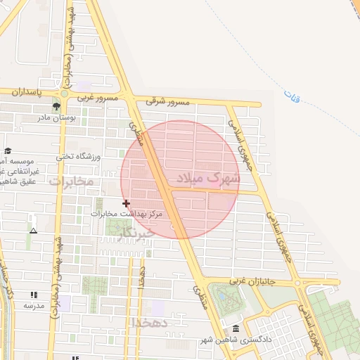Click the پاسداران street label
[27, 92]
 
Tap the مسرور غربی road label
[101, 97]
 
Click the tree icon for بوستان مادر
[56, 106]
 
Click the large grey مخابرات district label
[72, 181]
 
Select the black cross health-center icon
[127, 203]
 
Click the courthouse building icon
[235, 329]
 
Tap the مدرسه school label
[34, 306]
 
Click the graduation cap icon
[8, 150]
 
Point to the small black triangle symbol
[33, 230]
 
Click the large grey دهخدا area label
[149, 323]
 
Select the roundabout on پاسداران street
[64, 93]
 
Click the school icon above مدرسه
[33, 295]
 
